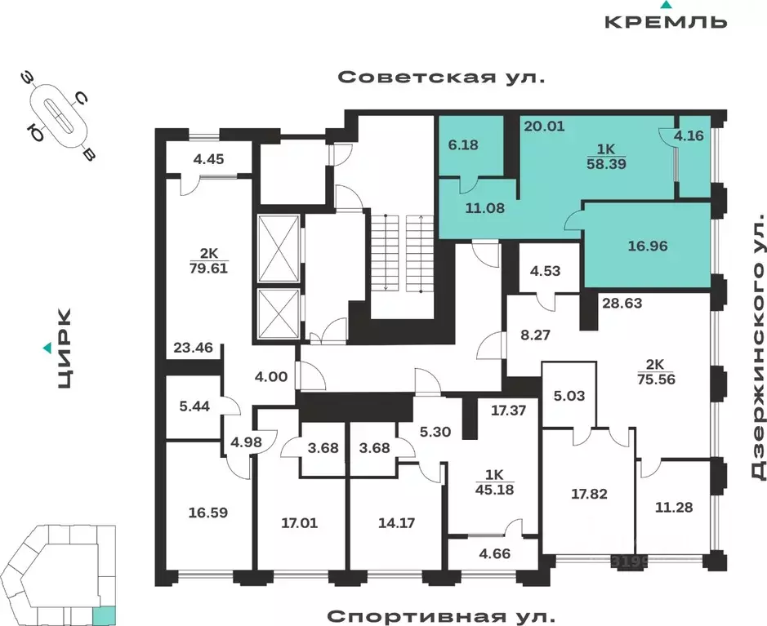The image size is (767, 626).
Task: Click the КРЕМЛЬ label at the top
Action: pyautogui.click(x=666, y=20)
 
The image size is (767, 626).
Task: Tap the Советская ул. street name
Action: pyautogui.click(x=441, y=78)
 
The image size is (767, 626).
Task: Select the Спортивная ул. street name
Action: pyautogui.click(x=441, y=613)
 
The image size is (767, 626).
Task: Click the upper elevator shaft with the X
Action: pyautogui.click(x=278, y=248)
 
